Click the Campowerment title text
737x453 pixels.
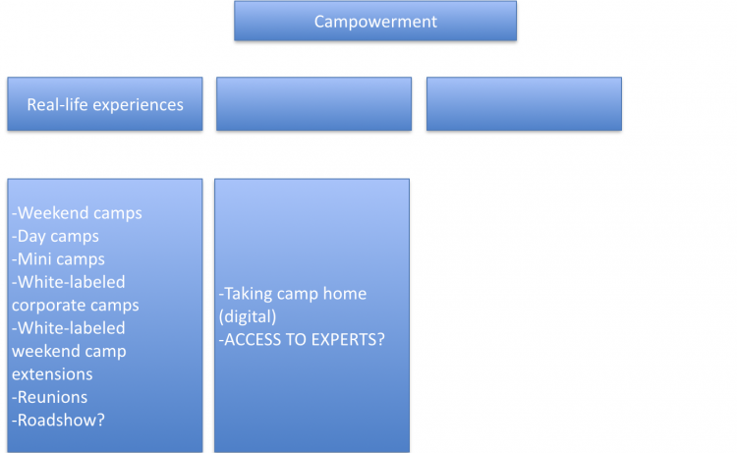point(375,22)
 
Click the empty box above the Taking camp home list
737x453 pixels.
point(314,104)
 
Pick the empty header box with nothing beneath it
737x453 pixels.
point(524,104)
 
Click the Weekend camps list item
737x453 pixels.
point(77,213)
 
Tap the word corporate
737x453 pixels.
point(42,306)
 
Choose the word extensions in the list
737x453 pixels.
point(52,374)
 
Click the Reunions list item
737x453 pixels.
point(49,397)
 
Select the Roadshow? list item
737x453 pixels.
point(58,421)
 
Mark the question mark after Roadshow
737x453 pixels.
point(100,421)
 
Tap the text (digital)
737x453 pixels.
point(248,316)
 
